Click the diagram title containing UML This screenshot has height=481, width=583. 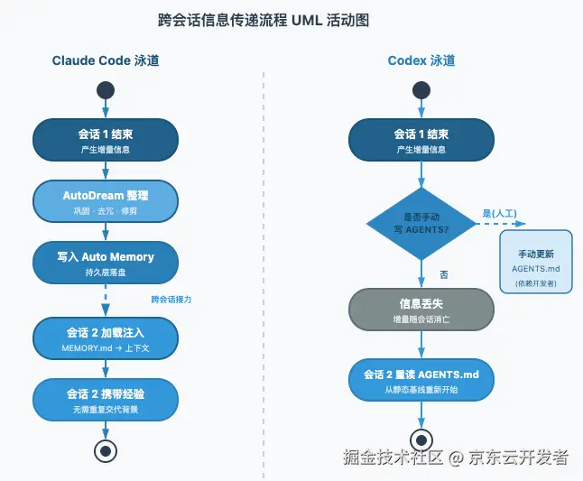click(264, 20)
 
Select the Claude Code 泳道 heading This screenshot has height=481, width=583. click(106, 60)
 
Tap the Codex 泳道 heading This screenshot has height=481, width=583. click(421, 60)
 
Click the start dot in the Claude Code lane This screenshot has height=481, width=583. click(106, 90)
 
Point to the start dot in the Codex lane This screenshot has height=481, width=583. click(421, 90)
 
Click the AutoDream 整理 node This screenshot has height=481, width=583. click(106, 201)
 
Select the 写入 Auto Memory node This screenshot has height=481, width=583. click(106, 263)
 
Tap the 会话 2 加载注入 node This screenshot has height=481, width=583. click(106, 338)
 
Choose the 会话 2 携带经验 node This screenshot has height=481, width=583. click(106, 400)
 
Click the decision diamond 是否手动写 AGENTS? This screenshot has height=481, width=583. click(421, 224)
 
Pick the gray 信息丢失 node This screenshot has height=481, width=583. click(421, 310)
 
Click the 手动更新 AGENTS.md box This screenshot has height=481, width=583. click(536, 262)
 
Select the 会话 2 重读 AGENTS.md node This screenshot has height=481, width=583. click(421, 380)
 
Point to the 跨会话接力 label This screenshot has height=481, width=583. click(171, 300)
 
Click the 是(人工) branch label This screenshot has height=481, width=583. click(499, 213)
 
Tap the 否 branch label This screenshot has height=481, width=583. click(444, 274)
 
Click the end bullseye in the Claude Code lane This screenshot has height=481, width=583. click(106, 451)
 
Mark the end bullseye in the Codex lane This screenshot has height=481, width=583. click(421, 440)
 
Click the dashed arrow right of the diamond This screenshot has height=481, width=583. click(501, 224)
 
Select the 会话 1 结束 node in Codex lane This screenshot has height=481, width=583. click(421, 140)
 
